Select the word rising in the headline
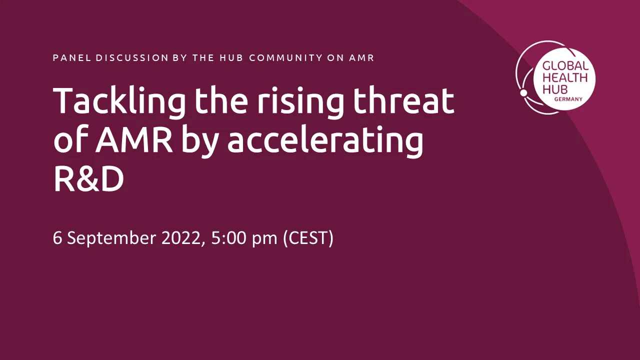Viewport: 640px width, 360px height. [x=300, y=102]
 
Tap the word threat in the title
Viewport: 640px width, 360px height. [x=403, y=100]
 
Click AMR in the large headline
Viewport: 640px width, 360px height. [x=133, y=139]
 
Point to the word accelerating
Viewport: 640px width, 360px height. [x=325, y=140]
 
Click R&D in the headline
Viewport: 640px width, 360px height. [x=89, y=179]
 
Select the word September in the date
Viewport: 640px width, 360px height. [x=111, y=238]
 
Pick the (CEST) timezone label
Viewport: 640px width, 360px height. [x=308, y=238]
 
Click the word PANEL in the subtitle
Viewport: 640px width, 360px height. [x=71, y=58]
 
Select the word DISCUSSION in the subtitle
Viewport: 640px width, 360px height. [x=132, y=58]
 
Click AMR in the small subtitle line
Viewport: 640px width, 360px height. [x=361, y=58]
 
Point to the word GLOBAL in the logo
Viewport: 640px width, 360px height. [x=565, y=65]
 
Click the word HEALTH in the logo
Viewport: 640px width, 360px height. [x=565, y=77]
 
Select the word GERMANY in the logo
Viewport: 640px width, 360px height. [x=568, y=99]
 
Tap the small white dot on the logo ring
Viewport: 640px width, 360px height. [x=523, y=93]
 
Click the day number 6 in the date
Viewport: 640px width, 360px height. [x=57, y=238]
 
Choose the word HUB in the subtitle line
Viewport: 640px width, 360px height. [x=231, y=58]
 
